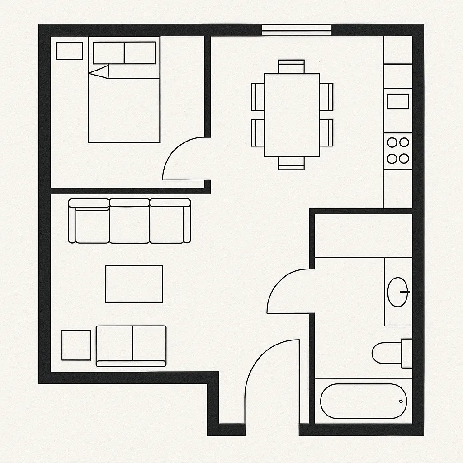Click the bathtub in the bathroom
364,401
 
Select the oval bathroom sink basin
397,292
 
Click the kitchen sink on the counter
398,101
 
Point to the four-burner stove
398,151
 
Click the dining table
292,115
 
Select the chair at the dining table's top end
291,66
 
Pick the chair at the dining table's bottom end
291,163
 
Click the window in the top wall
297,29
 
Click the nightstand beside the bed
69,51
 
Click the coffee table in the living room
134,284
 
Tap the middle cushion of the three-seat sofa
129,222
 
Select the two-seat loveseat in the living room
131,345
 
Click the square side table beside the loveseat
76,345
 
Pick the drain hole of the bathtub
401,401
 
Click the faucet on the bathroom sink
405,292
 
